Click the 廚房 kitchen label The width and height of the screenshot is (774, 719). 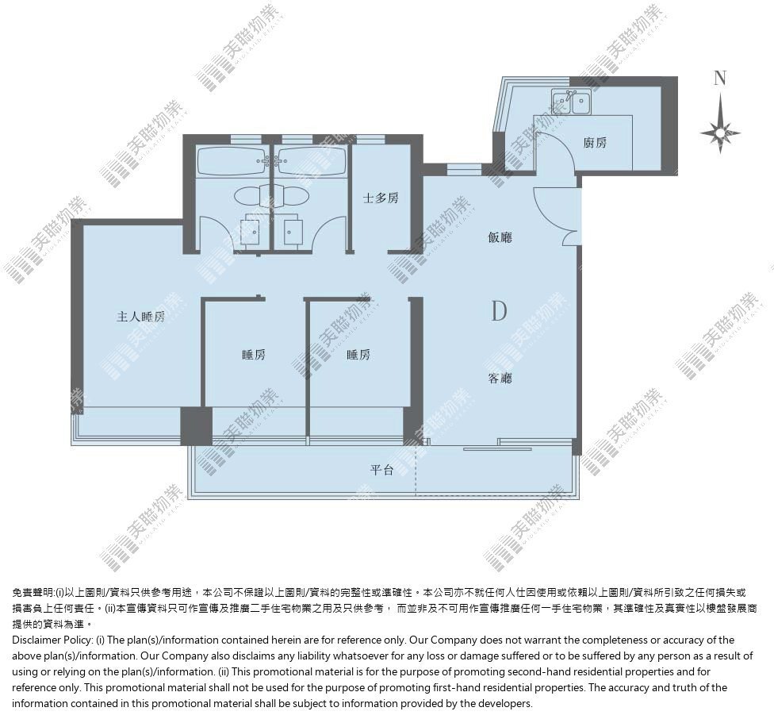point(595,143)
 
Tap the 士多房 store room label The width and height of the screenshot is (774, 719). point(381,198)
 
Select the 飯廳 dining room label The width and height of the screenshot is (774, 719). point(500,237)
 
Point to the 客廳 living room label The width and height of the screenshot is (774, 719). point(500,379)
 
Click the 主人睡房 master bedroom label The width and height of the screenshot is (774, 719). point(140,316)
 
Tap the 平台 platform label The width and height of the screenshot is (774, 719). point(381,470)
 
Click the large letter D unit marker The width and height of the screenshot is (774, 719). point(499,311)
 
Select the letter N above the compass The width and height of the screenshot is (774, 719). point(720,78)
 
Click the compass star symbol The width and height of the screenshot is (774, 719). point(720,133)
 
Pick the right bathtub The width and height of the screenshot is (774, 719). point(310,161)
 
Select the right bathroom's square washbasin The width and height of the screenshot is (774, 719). point(293,230)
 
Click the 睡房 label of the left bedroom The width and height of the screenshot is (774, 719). point(254,355)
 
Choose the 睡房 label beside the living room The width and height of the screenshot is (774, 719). point(358,355)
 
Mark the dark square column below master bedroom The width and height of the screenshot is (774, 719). point(197,426)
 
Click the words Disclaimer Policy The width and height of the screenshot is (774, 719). point(52,640)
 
